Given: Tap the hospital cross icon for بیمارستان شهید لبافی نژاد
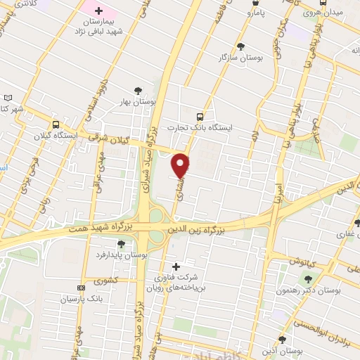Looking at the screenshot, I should (x=98, y=12).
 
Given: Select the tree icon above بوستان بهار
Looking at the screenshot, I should (x=138, y=90).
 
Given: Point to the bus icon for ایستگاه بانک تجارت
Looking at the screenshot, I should (x=200, y=117).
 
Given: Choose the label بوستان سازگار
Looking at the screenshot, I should (x=241, y=57).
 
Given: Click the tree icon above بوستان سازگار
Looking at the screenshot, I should (x=241, y=46).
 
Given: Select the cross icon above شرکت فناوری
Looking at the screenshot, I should (x=175, y=266).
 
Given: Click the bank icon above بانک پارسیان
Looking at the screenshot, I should (x=82, y=287).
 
